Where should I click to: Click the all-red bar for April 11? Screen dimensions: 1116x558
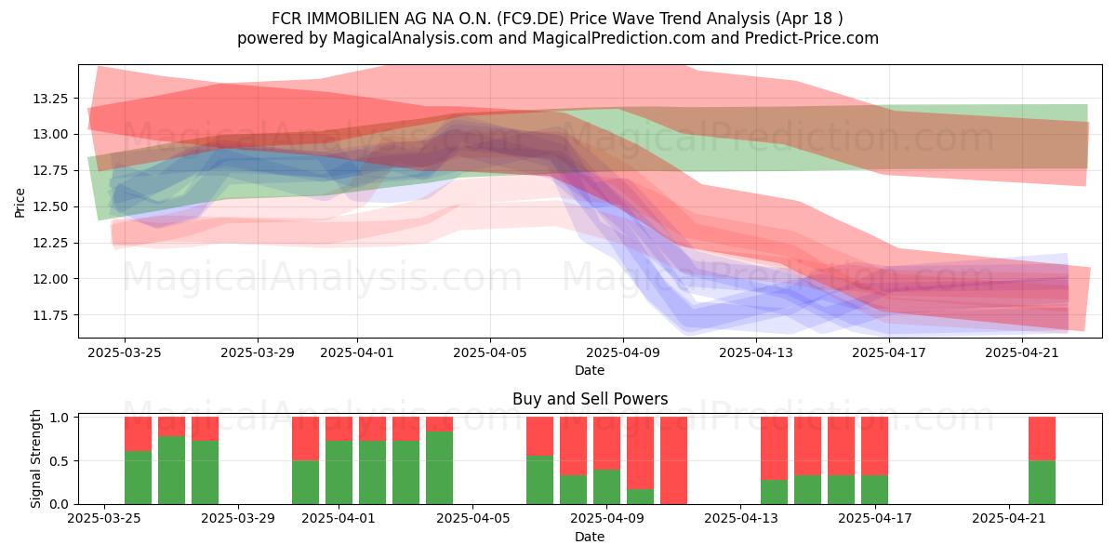pos(673,460)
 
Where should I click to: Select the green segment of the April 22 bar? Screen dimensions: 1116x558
pos(1042,483)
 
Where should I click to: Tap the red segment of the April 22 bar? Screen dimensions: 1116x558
pos(1042,439)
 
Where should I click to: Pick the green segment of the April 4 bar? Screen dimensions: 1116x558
pos(439,468)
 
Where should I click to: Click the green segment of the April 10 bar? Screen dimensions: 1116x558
pos(640,497)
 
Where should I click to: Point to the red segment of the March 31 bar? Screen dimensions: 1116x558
pos(305,439)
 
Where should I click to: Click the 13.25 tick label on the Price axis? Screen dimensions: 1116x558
pos(50,99)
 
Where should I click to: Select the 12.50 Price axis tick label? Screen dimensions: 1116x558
pos(50,206)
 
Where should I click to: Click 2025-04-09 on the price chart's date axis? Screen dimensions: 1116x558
pos(623,352)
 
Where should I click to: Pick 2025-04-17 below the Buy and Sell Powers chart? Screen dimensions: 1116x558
pos(875,519)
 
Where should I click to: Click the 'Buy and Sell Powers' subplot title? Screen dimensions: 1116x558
pos(590,399)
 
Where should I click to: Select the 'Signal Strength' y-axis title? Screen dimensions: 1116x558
pos(35,458)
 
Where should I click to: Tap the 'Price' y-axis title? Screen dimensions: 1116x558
pos(20,204)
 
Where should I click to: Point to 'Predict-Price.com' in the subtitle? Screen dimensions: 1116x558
pos(812,38)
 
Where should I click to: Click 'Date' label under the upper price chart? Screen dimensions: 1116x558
pos(590,370)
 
